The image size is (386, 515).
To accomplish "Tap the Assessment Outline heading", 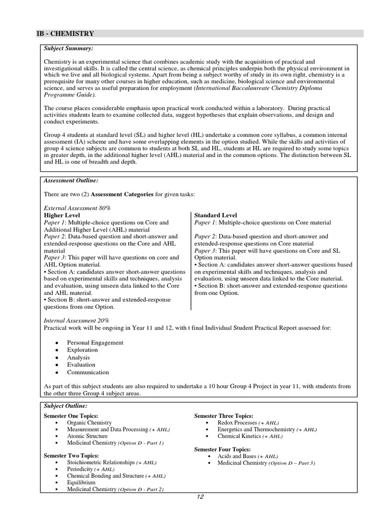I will (71, 180).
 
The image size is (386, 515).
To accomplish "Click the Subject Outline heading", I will (65, 405).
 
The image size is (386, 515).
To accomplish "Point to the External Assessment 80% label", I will (77, 207).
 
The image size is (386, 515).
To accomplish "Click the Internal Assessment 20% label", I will (76, 320).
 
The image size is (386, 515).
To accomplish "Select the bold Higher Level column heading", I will (62, 215).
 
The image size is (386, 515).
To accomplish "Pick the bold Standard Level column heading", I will (216, 215).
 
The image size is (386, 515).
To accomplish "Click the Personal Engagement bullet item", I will (95, 342).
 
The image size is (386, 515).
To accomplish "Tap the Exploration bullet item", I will (82, 350).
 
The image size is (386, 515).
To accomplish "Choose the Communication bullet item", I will (87, 372).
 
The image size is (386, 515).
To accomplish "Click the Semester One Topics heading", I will (71, 416).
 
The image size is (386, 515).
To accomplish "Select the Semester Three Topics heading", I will (224, 416).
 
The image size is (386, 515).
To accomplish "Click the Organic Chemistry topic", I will (89, 423).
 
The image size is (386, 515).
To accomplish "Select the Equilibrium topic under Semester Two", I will (81, 482).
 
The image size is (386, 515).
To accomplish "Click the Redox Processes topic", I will (237, 423).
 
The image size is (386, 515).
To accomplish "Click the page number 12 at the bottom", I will (200, 498).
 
